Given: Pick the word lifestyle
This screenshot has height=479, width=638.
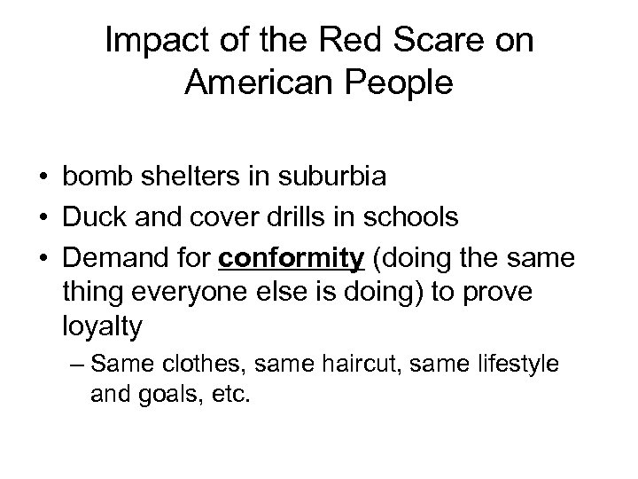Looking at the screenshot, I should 517,365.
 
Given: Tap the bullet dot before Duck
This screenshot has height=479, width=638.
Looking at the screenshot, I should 43,218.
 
